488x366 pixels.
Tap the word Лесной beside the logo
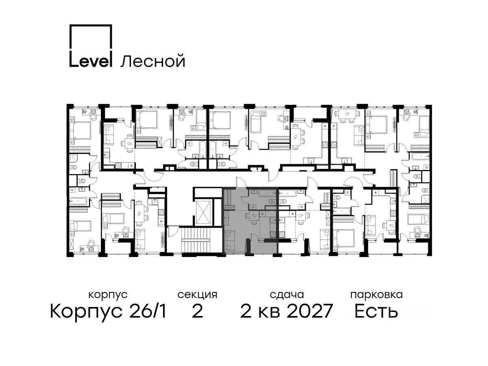tap(153, 61)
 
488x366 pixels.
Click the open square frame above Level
tap(91, 37)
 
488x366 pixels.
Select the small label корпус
tap(108, 295)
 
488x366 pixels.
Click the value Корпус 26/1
tap(108, 312)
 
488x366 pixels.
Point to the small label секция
tap(197, 295)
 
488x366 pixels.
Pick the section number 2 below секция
tap(197, 311)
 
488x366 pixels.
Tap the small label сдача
tap(287, 295)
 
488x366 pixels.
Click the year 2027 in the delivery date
tap(309, 311)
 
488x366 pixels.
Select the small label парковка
tap(377, 295)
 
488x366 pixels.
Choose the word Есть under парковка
tap(376, 311)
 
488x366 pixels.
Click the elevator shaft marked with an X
tap(203, 213)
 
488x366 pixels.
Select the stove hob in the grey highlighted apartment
tap(273, 234)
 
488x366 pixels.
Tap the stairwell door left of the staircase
tap(172, 231)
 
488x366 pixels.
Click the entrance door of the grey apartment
tap(241, 183)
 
